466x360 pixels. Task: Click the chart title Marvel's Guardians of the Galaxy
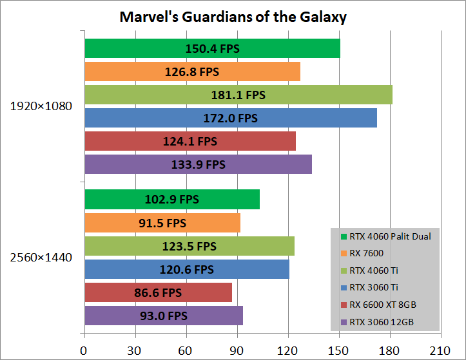[233, 17]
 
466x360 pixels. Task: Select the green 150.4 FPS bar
[211, 48]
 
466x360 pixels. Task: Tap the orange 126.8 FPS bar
[191, 71]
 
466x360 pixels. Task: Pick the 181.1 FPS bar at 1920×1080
[238, 95]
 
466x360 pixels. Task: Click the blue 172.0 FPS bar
[230, 118]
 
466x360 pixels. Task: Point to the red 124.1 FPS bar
[189, 141]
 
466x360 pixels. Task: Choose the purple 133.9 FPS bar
[197, 164]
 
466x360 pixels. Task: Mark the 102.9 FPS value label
[172, 200]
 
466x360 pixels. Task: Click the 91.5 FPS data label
[162, 223]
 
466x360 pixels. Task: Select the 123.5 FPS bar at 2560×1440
[189, 246]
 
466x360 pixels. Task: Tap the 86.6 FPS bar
[158, 292]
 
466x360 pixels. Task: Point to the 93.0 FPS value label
[163, 316]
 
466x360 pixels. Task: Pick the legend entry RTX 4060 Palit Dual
[389, 236]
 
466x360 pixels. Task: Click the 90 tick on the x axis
[237, 351]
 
